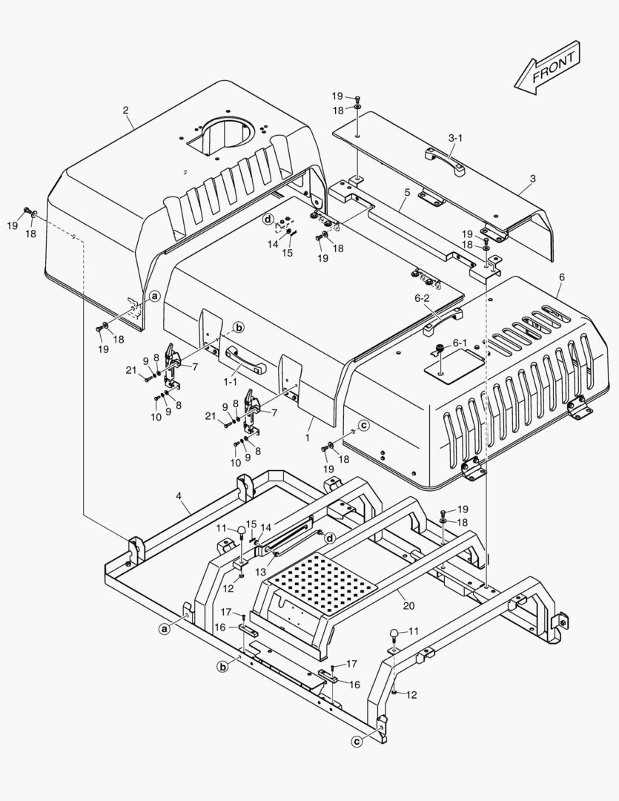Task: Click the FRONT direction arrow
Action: [548, 67]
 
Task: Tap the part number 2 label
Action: [125, 110]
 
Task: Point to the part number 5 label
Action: [407, 193]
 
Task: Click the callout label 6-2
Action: [423, 299]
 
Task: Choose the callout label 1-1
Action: [231, 380]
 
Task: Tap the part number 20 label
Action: [408, 606]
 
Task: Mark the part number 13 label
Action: [261, 572]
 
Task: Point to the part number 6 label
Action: [562, 277]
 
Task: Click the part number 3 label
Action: [533, 179]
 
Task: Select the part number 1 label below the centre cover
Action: [308, 438]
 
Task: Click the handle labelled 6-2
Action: [443, 321]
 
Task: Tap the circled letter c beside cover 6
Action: [364, 425]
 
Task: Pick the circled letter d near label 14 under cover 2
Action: [268, 219]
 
